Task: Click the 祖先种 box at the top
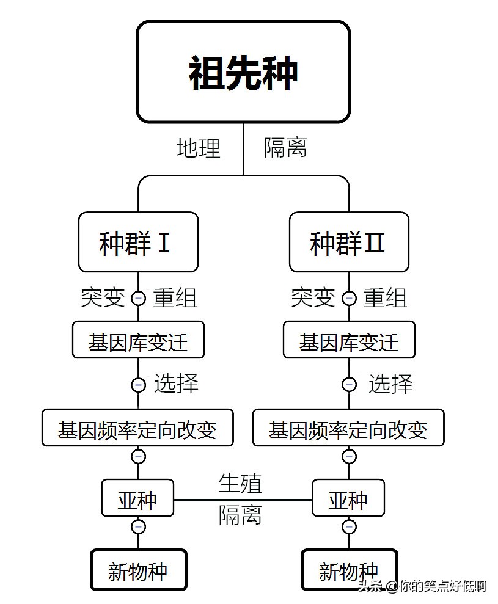[243, 72]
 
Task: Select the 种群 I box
[138, 242]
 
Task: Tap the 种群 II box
[348, 242]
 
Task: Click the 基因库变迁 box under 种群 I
[138, 341]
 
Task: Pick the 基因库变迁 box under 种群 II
[348, 341]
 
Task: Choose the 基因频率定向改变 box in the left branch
[138, 428]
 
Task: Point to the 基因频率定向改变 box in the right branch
[348, 428]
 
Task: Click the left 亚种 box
[138, 498]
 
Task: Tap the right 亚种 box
[348, 498]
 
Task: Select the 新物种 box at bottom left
[138, 570]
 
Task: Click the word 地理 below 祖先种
[198, 148]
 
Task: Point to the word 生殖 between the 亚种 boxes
[240, 483]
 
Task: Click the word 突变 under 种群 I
[103, 298]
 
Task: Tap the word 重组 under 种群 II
[385, 298]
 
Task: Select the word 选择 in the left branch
[176, 384]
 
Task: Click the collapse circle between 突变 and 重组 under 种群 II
[349, 299]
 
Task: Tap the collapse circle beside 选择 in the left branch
[139, 385]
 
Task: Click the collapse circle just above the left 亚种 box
[139, 456]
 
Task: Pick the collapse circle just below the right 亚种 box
[349, 526]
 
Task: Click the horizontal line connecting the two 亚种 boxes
[243, 500]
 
